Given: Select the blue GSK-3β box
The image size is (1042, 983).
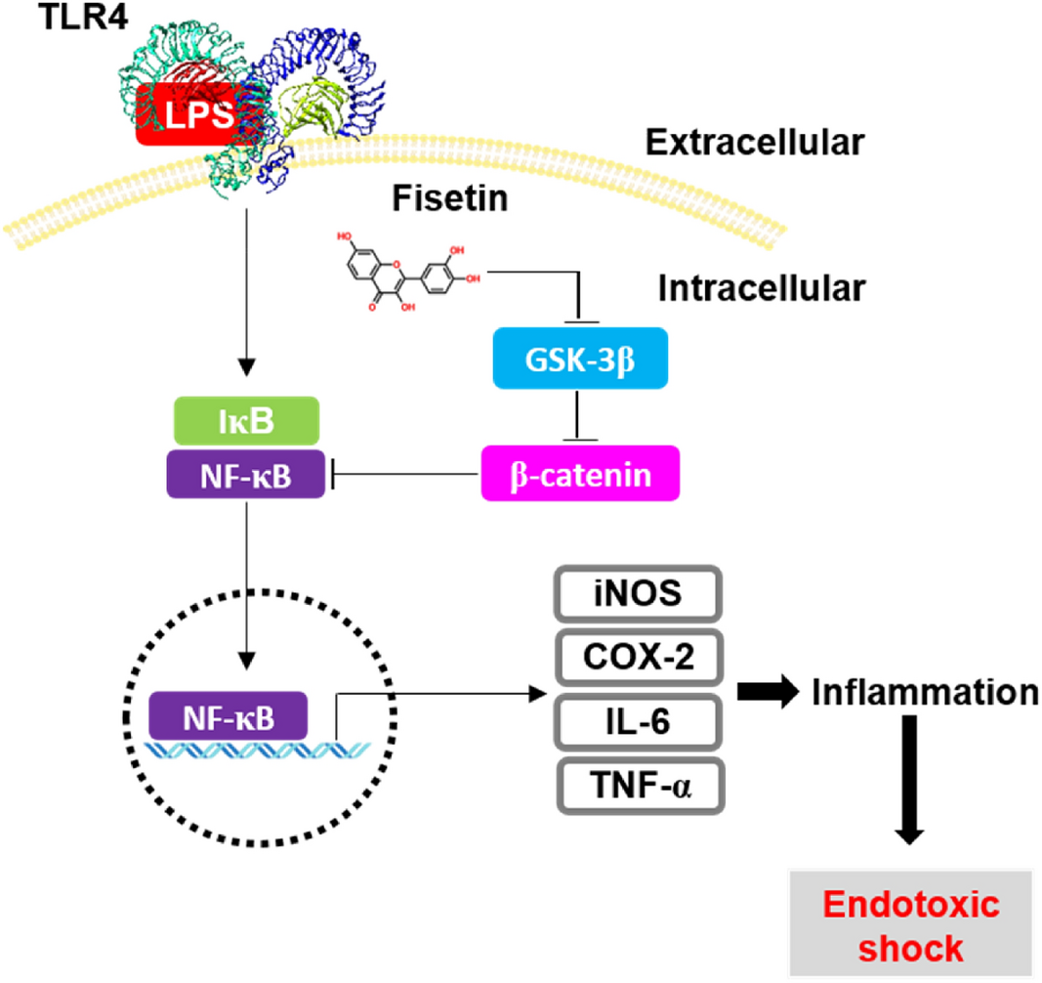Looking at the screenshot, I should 580,361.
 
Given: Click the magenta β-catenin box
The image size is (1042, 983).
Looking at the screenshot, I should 580,474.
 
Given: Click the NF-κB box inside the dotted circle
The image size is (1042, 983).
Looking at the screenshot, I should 228,715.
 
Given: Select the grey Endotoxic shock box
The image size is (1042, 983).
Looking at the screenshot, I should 910,924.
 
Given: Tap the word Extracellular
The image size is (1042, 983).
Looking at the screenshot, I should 755,143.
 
